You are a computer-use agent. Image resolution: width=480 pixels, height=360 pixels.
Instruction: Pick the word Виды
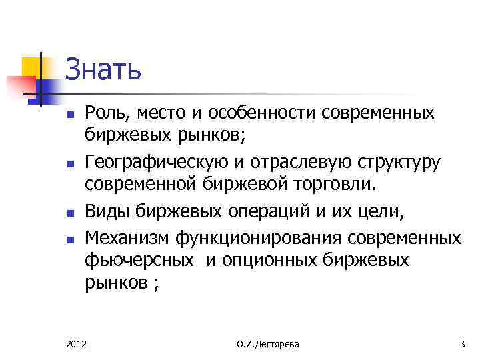tap(107, 212)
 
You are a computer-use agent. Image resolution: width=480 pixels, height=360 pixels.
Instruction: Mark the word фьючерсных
tap(140, 260)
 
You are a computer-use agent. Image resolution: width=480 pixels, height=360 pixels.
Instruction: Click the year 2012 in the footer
tap(77, 344)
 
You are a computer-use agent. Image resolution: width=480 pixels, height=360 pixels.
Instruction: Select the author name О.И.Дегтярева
tap(268, 344)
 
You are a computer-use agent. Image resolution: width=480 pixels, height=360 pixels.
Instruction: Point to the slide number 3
tap(462, 344)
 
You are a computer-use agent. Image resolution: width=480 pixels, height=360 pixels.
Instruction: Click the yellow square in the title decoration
tap(31, 67)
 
